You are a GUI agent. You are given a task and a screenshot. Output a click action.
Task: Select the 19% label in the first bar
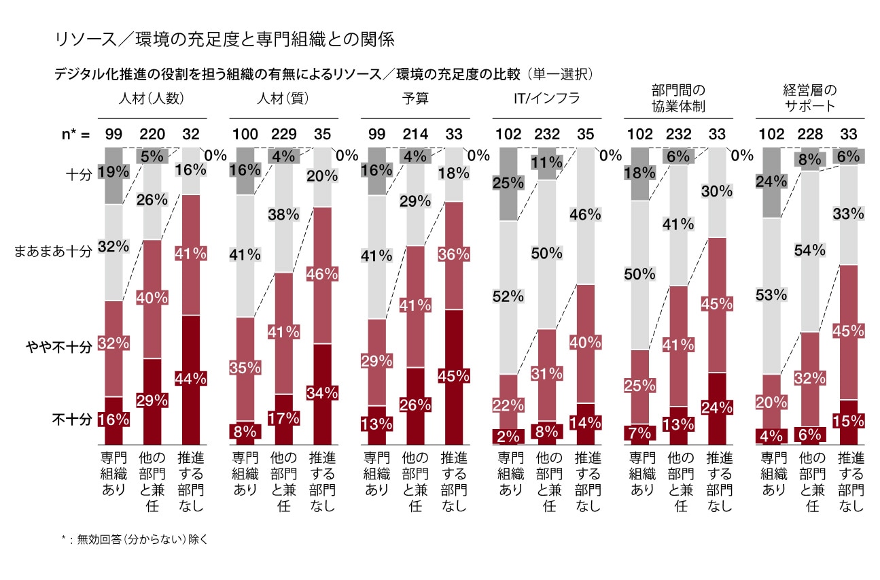[113, 171]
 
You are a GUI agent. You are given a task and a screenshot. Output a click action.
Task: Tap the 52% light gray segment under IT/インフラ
[509, 296]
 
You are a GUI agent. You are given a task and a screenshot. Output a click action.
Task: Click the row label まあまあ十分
[53, 252]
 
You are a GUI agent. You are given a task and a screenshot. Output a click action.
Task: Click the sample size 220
[152, 135]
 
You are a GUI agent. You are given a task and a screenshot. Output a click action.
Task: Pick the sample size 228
[810, 135]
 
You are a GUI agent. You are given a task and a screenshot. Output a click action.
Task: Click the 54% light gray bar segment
[810, 251]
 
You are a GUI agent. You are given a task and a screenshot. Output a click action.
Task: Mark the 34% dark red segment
[322, 394]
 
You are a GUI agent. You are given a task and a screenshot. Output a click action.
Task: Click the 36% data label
[454, 255]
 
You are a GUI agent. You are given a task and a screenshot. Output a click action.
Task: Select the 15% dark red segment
[847, 422]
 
